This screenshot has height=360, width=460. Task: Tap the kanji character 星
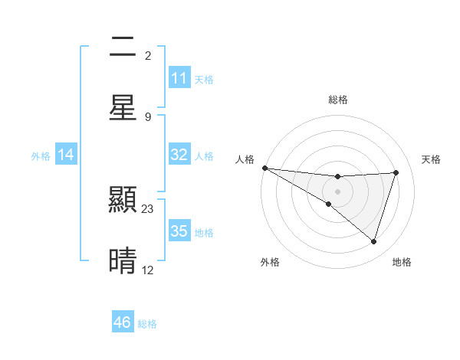[x=123, y=107]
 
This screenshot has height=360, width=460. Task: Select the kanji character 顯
[x=123, y=201]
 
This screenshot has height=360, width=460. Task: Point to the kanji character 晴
[x=123, y=260]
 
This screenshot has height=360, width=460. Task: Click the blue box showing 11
[x=179, y=78]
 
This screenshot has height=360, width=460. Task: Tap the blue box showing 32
[x=179, y=155]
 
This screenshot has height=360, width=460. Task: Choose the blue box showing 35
[x=179, y=231]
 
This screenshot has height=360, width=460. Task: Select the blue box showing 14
[x=66, y=155]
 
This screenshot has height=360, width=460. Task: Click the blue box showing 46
[x=123, y=322]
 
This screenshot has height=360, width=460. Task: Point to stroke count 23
[x=148, y=208]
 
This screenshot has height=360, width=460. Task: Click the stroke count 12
[x=148, y=270]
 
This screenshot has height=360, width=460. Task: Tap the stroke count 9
[x=148, y=116]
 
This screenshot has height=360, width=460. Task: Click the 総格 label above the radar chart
[x=338, y=100]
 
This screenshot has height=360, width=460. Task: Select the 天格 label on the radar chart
[x=431, y=159]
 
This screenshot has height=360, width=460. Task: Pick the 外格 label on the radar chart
[x=270, y=262]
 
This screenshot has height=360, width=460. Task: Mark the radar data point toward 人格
[x=264, y=167]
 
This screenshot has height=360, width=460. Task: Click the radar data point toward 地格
[x=373, y=241]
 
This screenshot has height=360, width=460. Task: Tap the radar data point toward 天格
[x=396, y=172]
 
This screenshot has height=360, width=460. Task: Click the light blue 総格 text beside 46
[x=147, y=324]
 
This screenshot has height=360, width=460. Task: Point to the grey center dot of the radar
[x=337, y=191]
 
